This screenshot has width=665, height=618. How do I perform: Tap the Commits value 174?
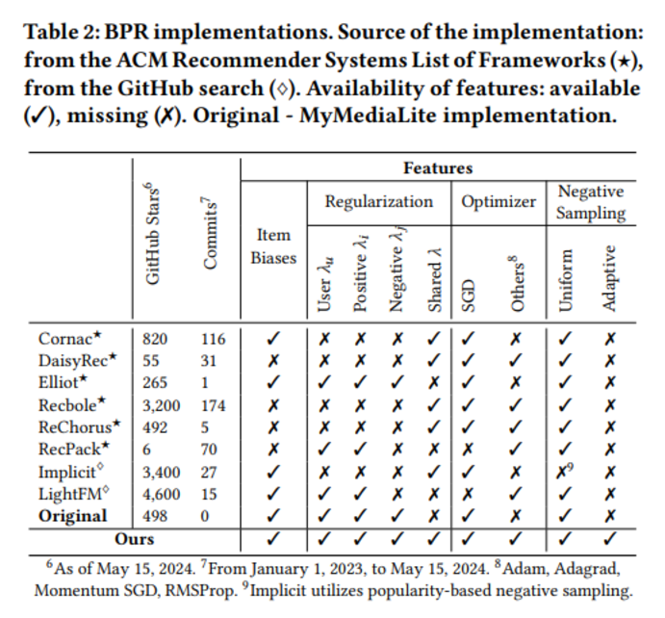tap(214, 405)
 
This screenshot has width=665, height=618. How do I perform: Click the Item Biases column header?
tap(275, 246)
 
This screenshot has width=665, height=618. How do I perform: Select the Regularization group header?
tap(378, 202)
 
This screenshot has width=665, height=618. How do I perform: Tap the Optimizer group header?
tap(498, 202)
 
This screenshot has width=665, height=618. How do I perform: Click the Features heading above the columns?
tap(438, 167)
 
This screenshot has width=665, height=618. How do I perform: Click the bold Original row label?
tap(73, 516)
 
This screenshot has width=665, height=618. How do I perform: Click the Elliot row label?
tap(64, 382)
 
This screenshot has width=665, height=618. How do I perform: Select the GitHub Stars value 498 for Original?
tap(155, 516)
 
